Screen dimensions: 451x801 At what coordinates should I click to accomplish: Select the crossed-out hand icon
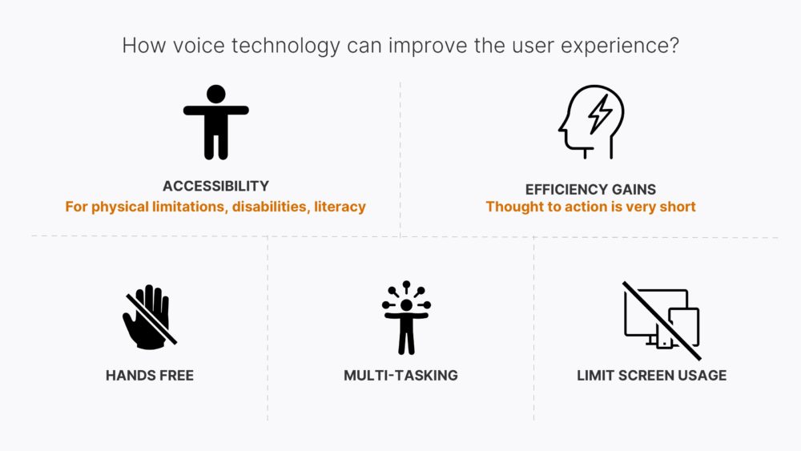click(x=149, y=317)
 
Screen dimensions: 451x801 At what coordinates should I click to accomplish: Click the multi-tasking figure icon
click(x=406, y=317)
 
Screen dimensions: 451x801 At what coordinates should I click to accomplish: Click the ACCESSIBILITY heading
click(x=215, y=186)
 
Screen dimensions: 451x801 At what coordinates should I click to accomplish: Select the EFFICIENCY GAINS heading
click(x=590, y=190)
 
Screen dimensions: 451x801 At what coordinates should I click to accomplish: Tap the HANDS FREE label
click(x=150, y=375)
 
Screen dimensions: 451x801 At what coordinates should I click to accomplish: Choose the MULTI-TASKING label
click(x=400, y=375)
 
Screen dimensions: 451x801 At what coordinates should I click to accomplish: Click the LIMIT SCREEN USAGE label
click(x=651, y=375)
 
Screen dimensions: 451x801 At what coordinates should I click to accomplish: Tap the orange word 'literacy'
click(x=340, y=207)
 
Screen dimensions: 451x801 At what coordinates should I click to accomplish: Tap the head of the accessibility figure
click(x=215, y=94)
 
